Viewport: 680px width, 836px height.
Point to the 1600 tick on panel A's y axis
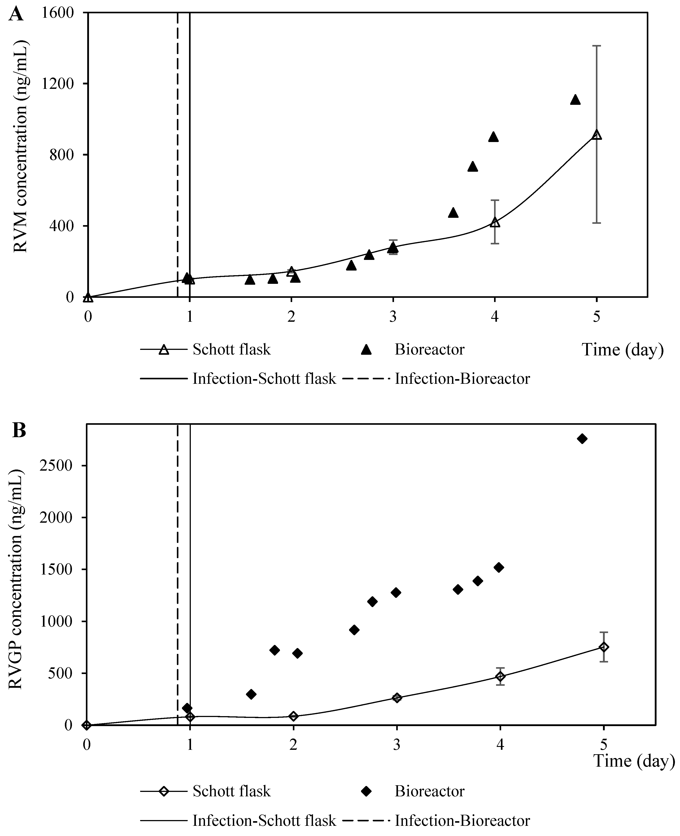click(59, 13)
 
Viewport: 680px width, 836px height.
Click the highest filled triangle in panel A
click(575, 100)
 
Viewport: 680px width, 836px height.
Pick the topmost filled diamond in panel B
click(582, 439)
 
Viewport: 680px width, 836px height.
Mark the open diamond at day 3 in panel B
click(397, 698)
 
